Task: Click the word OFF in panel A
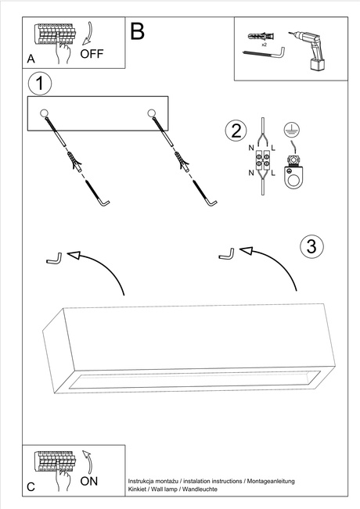point(92,54)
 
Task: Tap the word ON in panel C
point(89,481)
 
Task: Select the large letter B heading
point(137,31)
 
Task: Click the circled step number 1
point(40,83)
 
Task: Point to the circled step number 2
point(236,131)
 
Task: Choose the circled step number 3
point(311,246)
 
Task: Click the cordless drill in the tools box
point(307,51)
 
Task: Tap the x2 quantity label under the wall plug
point(264,44)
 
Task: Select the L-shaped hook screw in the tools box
point(265,52)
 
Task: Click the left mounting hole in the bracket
point(44,113)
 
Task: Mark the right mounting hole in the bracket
point(151,113)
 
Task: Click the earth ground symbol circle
point(291,129)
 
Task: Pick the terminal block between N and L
point(262,161)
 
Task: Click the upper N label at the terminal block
point(251,148)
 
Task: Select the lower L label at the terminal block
point(273,173)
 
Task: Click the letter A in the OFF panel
point(31,59)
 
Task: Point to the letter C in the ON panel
point(31,487)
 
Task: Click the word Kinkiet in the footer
point(137,489)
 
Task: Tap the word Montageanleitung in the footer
point(271,482)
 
